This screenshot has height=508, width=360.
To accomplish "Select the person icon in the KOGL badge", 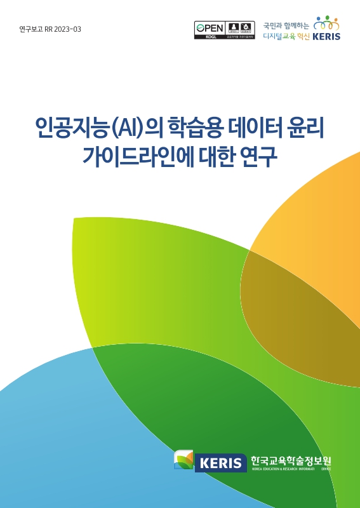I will tap(233, 28).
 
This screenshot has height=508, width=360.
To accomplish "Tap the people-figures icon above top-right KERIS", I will tap(327, 24).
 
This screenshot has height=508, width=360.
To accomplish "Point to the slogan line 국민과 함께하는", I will tap(286, 26).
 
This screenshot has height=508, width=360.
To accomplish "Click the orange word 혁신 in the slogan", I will tap(302, 36).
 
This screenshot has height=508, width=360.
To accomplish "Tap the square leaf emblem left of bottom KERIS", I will tap(184, 459).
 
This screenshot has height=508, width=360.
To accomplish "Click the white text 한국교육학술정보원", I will tap(291, 460).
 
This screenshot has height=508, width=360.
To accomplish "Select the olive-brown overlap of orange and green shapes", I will tap(298, 317).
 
